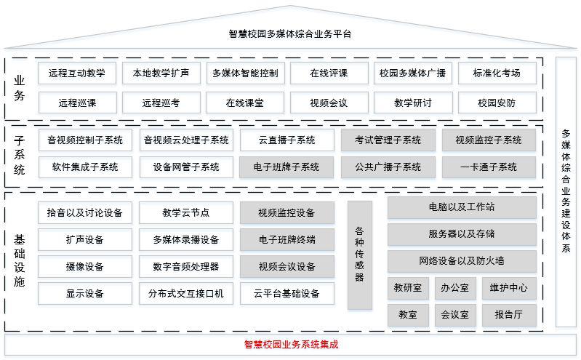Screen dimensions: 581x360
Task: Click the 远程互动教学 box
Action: [x=77, y=73]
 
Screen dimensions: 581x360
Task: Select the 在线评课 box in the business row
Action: [x=329, y=73]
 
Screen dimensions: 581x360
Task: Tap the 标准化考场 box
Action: [x=497, y=73]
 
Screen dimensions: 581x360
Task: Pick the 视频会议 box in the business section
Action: [x=329, y=103]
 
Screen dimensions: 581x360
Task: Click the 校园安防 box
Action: [x=497, y=103]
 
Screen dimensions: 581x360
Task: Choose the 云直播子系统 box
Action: [x=287, y=140]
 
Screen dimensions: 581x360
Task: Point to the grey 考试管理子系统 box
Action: [x=388, y=140]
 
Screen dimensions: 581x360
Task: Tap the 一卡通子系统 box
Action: [x=489, y=167]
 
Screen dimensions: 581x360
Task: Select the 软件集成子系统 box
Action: [x=85, y=167]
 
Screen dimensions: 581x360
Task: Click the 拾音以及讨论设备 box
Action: [x=85, y=212]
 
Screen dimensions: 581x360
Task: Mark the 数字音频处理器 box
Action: [x=186, y=267]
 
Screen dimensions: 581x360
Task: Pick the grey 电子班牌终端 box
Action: [x=287, y=239]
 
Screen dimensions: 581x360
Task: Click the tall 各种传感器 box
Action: [x=359, y=255]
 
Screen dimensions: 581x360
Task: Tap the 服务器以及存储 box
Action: [x=462, y=234]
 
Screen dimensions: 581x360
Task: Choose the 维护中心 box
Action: [x=509, y=288]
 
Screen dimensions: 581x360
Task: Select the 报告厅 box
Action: [x=509, y=315]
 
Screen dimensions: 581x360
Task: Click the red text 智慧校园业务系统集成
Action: [x=291, y=345]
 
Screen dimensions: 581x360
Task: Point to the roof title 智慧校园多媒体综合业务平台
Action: [x=290, y=34]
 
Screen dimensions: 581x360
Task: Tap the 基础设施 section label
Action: [x=19, y=260]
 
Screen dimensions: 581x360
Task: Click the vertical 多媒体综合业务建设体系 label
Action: [x=566, y=191]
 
